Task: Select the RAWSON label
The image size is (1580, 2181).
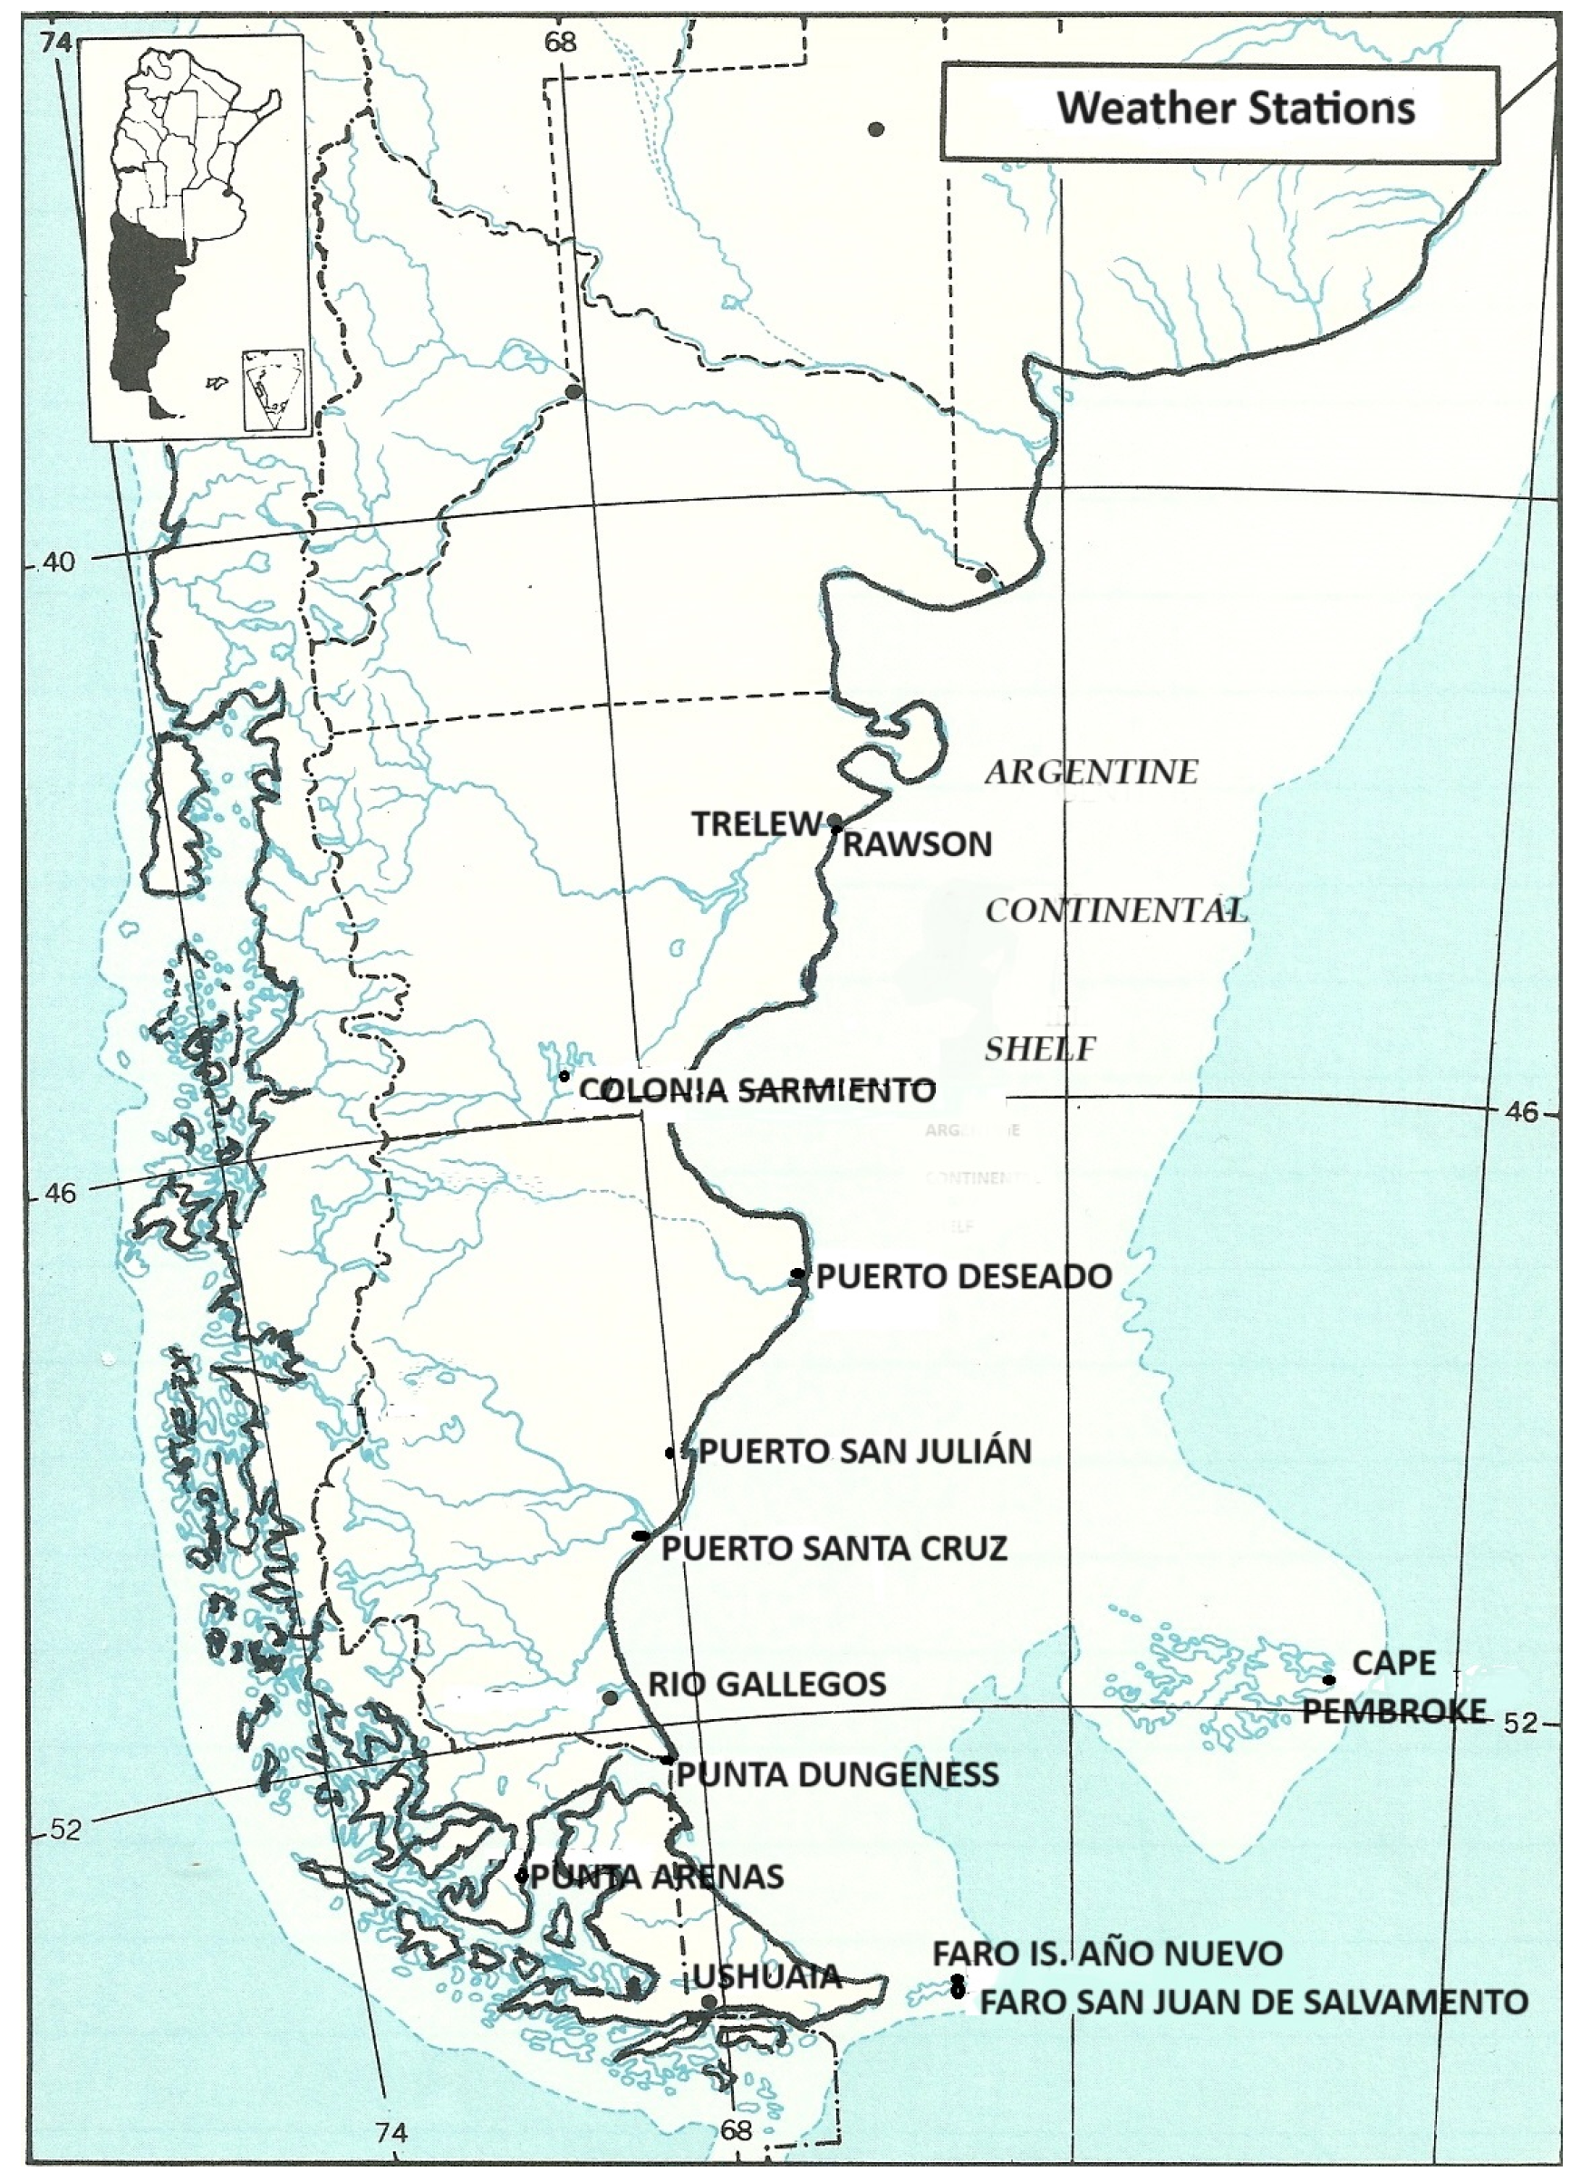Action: pos(917,844)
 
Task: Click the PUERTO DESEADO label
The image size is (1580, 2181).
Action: pos(963,1276)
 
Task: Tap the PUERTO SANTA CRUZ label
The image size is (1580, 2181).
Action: pos(833,1548)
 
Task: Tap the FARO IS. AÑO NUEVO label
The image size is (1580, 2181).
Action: pos(1107,1953)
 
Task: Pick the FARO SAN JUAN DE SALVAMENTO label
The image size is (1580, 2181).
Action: pos(1253,2003)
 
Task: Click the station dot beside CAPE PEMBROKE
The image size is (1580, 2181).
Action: pos(1328,1680)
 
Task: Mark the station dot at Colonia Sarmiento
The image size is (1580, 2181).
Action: pos(564,1075)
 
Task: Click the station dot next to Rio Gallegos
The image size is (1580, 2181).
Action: pos(610,1697)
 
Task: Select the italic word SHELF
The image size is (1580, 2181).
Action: pos(1039,1049)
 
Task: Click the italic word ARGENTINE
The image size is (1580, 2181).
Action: pos(1092,773)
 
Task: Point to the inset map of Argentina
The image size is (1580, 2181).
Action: pos(197,238)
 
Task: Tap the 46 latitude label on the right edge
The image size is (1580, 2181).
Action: pos(1522,1111)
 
